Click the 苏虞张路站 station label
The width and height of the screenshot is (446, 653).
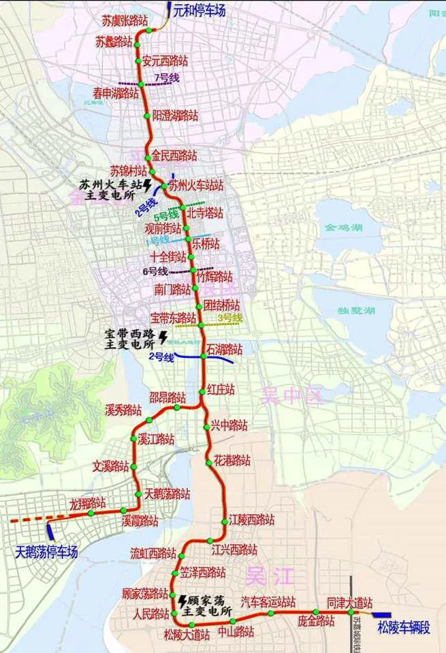[125, 21]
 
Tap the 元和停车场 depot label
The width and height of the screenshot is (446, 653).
[199, 11]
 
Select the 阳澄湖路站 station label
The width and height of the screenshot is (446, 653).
[175, 116]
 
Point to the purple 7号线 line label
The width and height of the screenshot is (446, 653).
[167, 78]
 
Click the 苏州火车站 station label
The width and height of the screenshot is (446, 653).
[195, 184]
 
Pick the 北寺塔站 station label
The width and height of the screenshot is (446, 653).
[204, 213]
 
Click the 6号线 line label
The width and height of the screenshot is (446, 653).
[155, 271]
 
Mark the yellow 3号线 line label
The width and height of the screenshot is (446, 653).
[230, 318]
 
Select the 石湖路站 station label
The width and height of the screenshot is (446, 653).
[224, 350]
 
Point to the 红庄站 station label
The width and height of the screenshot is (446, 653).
[221, 390]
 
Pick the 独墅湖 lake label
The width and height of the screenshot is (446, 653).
[356, 310]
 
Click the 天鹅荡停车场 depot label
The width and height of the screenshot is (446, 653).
[46, 552]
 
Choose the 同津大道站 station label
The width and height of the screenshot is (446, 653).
[349, 603]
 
